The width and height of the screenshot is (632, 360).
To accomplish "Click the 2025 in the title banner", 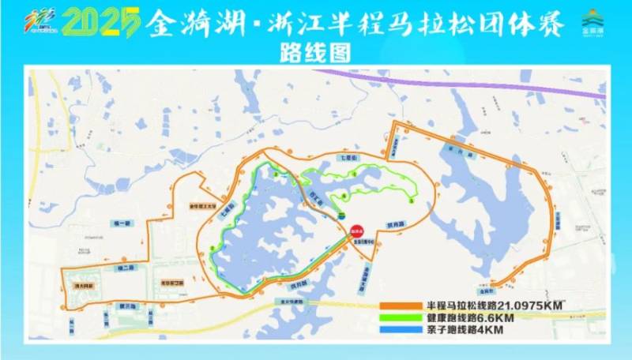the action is (x=102, y=22).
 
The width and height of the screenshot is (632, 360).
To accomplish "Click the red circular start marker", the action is (x=356, y=229).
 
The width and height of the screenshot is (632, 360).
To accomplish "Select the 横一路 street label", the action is (x=122, y=223).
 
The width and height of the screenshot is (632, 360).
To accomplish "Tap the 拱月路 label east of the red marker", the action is (x=395, y=224).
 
